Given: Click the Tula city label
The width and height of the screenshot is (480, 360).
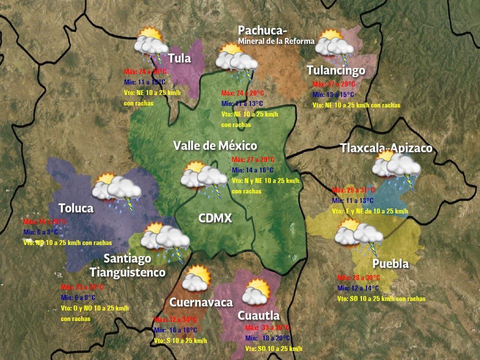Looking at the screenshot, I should click(179, 58).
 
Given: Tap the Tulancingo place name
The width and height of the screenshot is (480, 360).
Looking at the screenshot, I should click(336, 70).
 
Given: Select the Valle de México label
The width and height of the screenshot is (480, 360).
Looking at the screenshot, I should click(215, 145).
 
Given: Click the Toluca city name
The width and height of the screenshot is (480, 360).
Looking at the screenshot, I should click(76, 208).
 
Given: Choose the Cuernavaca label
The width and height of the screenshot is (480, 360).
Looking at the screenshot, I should click(201, 302).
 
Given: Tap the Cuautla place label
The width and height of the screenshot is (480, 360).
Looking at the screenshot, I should click(258, 315).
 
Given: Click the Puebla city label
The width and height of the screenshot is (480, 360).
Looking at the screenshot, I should click(390, 263).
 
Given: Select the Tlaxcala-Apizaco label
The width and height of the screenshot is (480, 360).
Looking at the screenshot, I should click(386, 148).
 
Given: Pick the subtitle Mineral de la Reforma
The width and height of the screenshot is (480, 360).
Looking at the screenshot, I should click(276, 41).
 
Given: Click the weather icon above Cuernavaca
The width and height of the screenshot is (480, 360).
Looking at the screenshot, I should click(195, 278).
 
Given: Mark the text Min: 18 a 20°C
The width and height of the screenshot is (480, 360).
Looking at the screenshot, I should click(267, 338).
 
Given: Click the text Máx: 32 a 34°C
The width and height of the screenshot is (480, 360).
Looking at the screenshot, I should click(175, 319).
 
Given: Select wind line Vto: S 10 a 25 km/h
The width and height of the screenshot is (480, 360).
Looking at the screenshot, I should click(180, 340).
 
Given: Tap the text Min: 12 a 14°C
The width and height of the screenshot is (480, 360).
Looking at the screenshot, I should click(358, 288).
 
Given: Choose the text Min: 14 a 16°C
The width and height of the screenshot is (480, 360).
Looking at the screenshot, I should click(252, 170).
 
